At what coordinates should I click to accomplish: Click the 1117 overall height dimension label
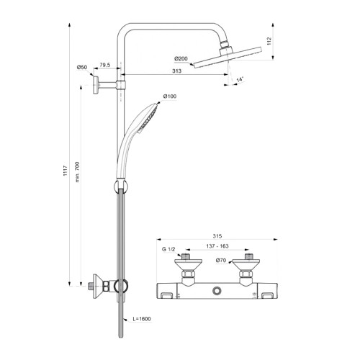[66, 171]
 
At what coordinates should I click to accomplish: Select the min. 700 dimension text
[77, 172]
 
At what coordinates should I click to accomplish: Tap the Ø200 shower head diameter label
[181, 58]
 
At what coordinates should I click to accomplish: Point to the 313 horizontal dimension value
[176, 71]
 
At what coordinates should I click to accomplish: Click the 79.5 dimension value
[105, 65]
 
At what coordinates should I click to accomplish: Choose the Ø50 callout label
[82, 67]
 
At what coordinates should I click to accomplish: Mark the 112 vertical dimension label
[269, 41]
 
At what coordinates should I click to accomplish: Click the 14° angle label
[240, 79]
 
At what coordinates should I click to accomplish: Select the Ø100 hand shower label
[170, 96]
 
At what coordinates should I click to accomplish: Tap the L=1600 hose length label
[142, 319]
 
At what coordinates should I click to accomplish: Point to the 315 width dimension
[217, 236]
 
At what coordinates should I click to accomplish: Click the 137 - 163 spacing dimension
[217, 246]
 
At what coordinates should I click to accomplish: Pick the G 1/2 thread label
[168, 249]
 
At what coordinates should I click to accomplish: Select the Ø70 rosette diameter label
[221, 260]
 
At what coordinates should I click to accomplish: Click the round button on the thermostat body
[217, 291]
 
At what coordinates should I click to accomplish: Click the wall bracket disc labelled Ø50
[96, 85]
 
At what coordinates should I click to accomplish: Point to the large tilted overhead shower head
[228, 58]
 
